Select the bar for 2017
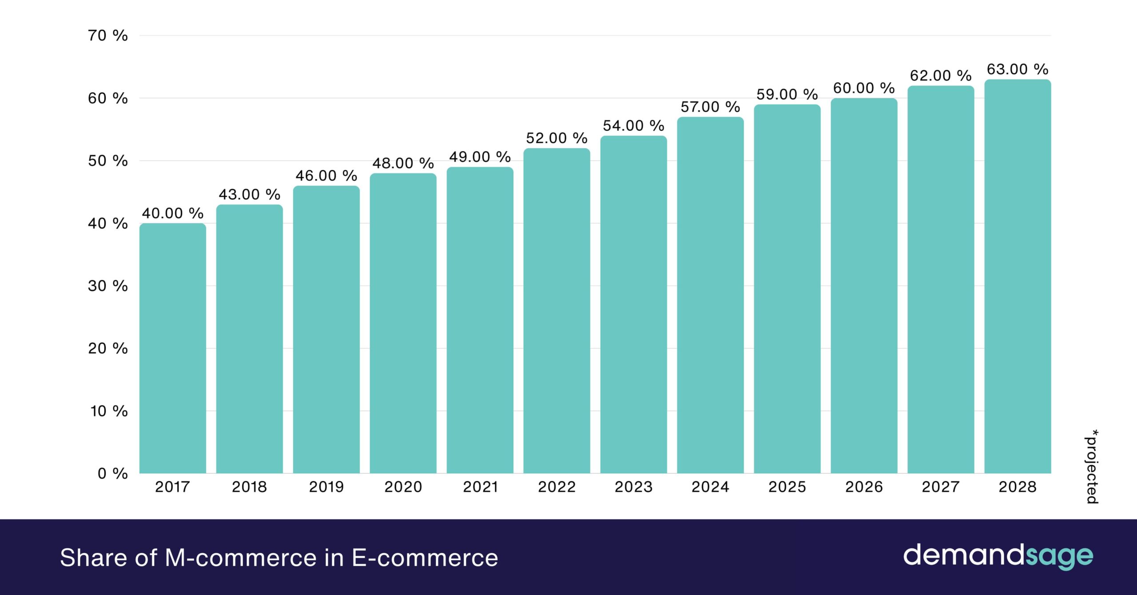pyautogui.click(x=172, y=349)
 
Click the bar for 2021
pyautogui.click(x=480, y=320)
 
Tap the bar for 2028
pyautogui.click(x=1018, y=276)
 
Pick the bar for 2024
pyautogui.click(x=710, y=296)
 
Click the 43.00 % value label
pyautogui.click(x=249, y=195)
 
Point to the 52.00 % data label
pyautogui.click(x=557, y=138)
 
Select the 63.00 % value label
pyautogui.click(x=1018, y=69)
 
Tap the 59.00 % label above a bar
pyautogui.click(x=787, y=95)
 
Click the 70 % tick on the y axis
pyautogui.click(x=107, y=36)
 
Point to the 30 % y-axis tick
pyautogui.click(x=107, y=286)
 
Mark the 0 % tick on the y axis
pyautogui.click(x=112, y=474)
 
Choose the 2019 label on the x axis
pyautogui.click(x=326, y=487)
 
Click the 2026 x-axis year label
pyautogui.click(x=864, y=487)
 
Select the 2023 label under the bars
pyautogui.click(x=633, y=487)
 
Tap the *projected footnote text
pyautogui.click(x=1092, y=467)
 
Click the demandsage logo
pyautogui.click(x=998, y=555)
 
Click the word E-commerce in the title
pyautogui.click(x=425, y=558)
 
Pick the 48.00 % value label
pyautogui.click(x=403, y=164)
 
